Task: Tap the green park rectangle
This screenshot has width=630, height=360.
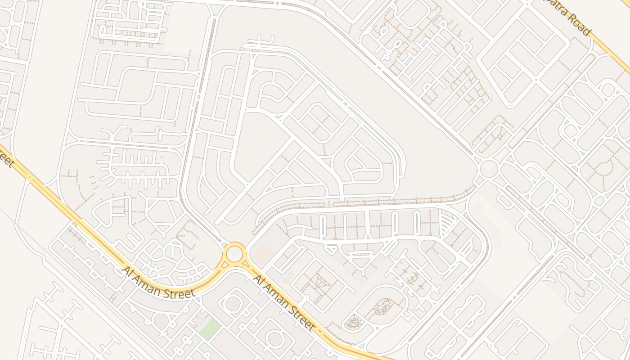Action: pyautogui.click(x=210, y=329)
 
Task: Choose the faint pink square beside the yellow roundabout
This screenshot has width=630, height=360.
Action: pyautogui.click(x=261, y=255)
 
